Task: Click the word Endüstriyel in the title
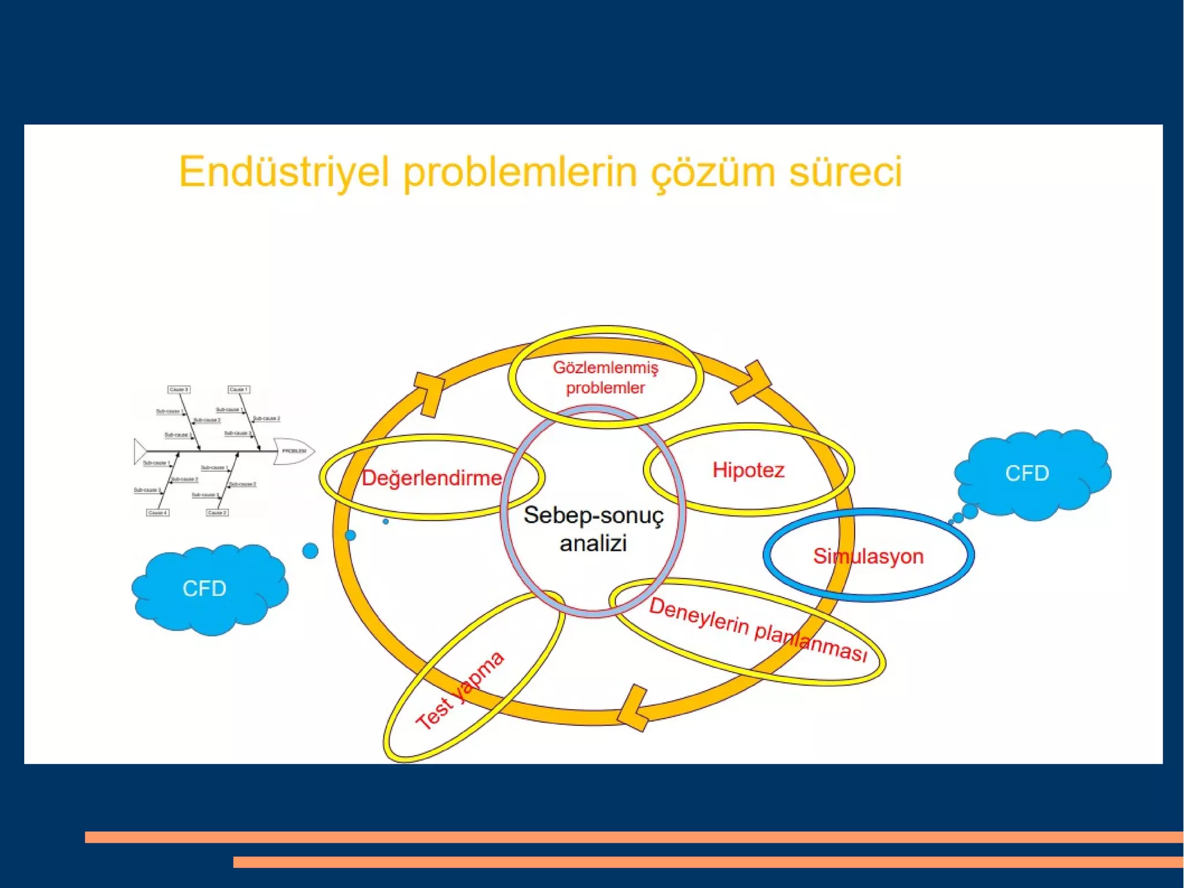(283, 172)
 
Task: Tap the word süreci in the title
(845, 172)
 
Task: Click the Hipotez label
(748, 470)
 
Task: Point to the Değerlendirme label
(431, 478)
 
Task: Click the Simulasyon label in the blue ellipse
(868, 556)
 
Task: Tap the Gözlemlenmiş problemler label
(605, 377)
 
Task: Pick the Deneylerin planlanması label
(757, 630)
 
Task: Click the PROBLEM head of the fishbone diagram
(294, 451)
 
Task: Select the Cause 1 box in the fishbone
(238, 389)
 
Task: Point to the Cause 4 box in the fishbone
(157, 513)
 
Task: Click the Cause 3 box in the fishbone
(179, 389)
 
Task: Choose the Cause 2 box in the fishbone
(217, 513)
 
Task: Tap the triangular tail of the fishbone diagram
(139, 451)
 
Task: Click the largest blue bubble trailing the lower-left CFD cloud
(310, 551)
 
